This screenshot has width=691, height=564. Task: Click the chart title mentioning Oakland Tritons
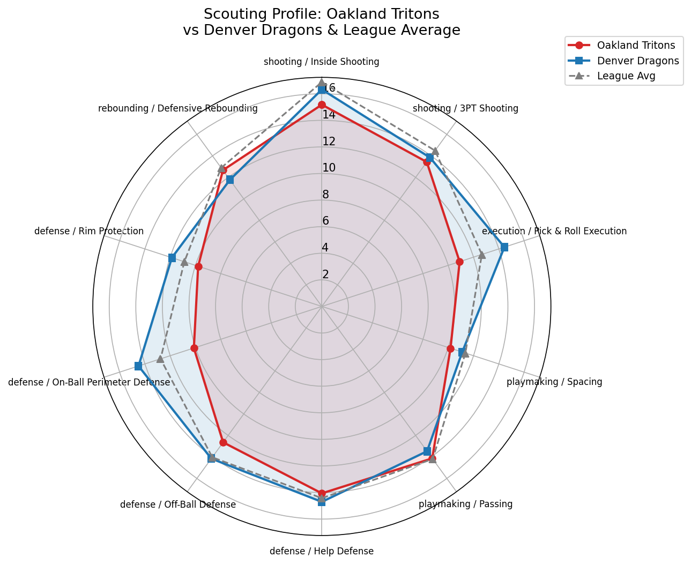click(321, 22)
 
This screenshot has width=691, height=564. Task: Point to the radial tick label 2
click(325, 274)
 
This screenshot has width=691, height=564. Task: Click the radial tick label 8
click(325, 195)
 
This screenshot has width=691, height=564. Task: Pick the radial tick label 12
click(329, 142)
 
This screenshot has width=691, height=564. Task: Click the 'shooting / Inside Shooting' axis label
click(321, 62)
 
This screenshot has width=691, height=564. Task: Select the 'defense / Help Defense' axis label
click(321, 551)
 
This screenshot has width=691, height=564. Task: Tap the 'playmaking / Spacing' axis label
click(554, 382)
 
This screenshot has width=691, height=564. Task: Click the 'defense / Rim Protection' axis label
click(89, 231)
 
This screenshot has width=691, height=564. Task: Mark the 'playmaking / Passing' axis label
click(465, 504)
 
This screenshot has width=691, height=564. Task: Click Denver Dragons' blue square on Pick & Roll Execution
click(504, 247)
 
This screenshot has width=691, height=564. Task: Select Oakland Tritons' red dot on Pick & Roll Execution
click(459, 262)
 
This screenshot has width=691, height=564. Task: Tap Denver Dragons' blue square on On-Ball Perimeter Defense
click(138, 366)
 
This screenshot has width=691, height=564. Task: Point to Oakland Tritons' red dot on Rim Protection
click(198, 266)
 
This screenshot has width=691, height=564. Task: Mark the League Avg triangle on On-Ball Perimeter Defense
click(160, 359)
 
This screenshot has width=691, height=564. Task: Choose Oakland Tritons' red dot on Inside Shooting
click(322, 105)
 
